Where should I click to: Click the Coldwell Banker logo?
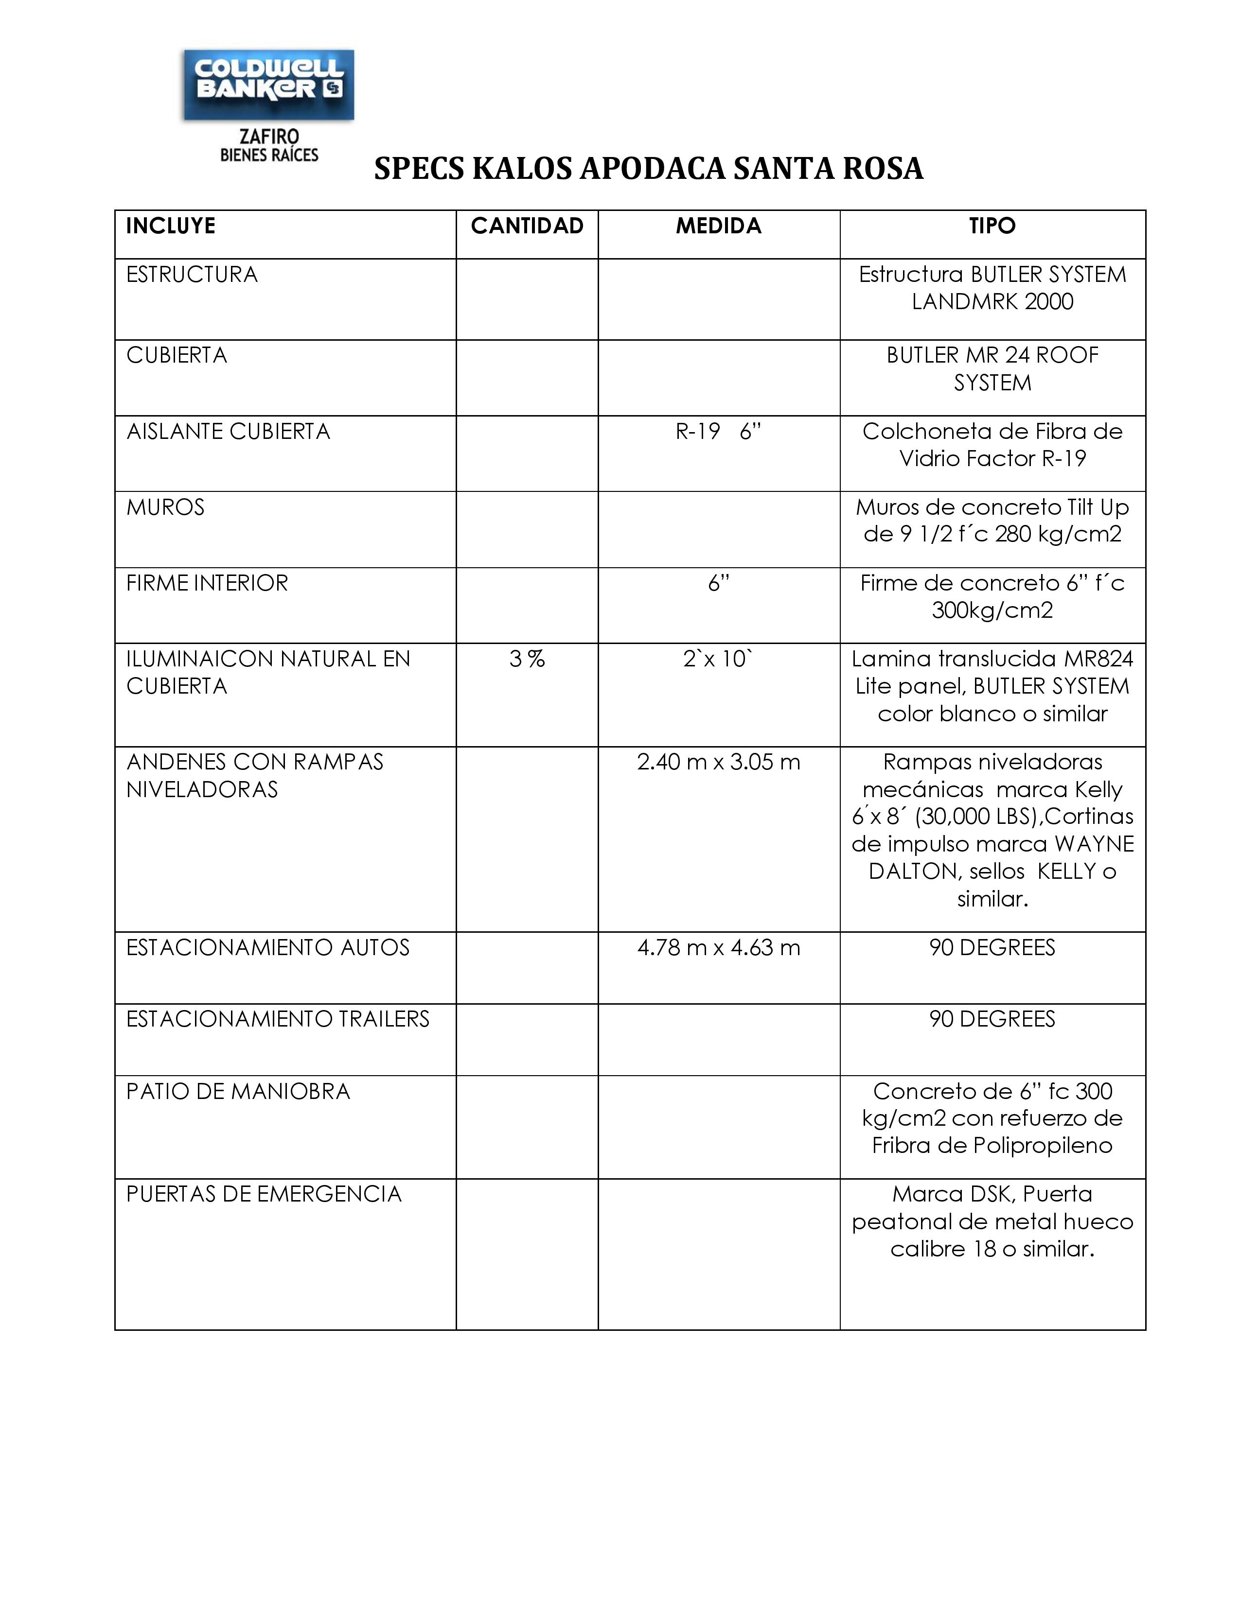tap(269, 85)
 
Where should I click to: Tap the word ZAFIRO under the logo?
tap(269, 137)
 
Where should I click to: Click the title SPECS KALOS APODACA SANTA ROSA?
tap(648, 169)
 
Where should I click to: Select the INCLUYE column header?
tap(170, 226)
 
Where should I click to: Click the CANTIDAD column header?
tap(527, 226)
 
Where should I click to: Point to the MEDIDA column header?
tap(718, 226)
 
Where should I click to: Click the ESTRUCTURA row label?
tap(192, 275)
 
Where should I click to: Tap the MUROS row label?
tap(165, 507)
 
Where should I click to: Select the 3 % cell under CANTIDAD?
tap(527, 659)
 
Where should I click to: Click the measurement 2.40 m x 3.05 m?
tap(718, 762)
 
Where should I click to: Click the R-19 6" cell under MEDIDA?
tap(718, 431)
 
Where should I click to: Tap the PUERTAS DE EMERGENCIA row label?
tap(264, 1194)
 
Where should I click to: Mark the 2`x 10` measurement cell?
tap(718, 659)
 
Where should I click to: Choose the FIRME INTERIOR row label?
tap(207, 583)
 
